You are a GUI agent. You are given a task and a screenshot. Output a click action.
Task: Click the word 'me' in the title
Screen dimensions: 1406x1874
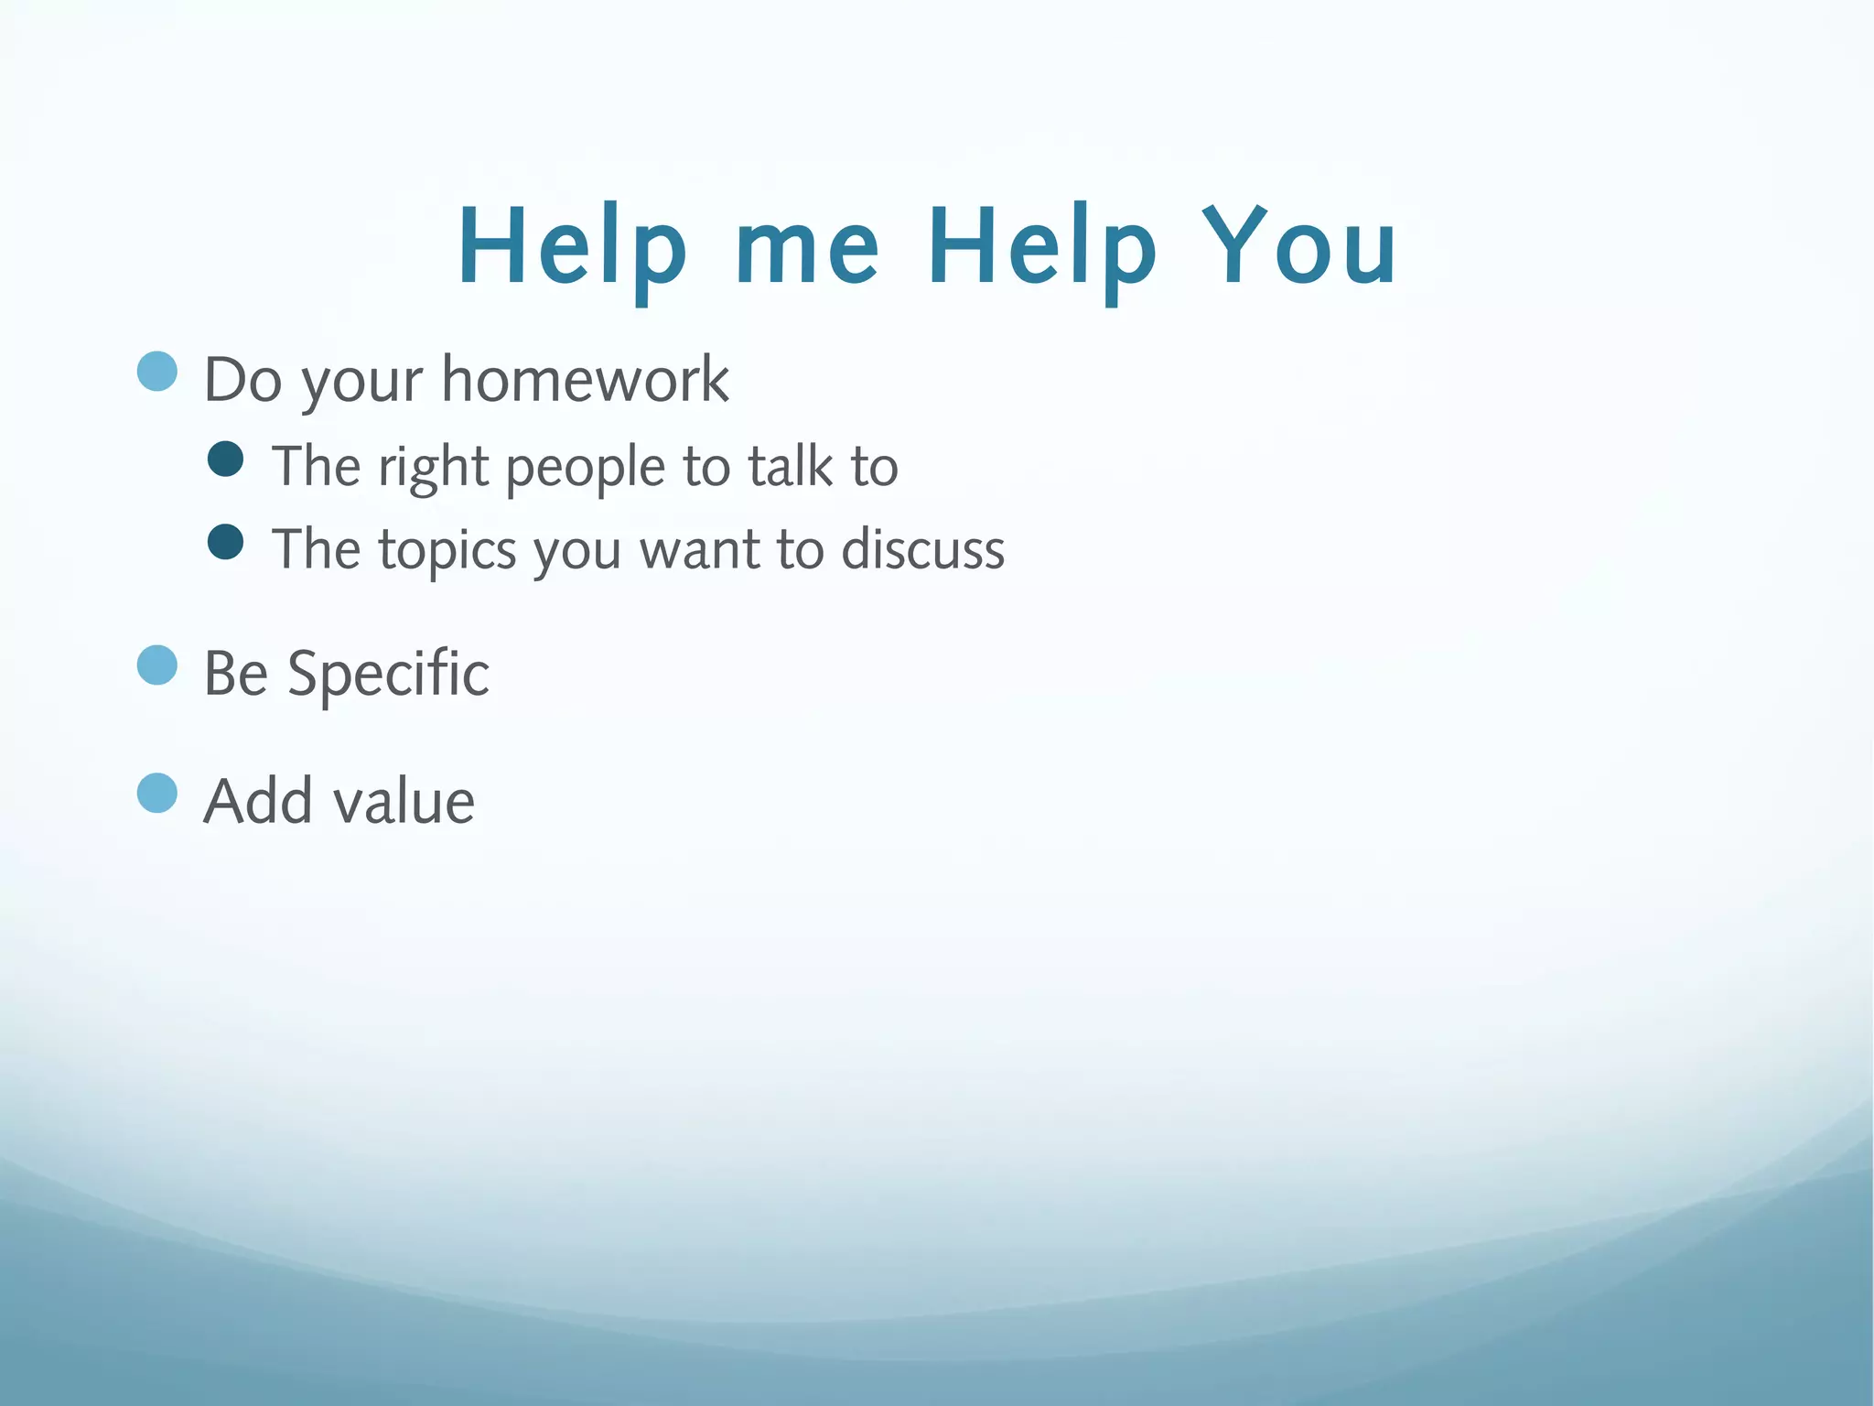click(x=807, y=247)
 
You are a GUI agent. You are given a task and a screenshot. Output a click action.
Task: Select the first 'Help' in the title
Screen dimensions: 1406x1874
click(x=571, y=247)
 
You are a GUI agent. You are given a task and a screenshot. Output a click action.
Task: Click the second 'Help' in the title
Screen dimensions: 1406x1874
click(x=1042, y=247)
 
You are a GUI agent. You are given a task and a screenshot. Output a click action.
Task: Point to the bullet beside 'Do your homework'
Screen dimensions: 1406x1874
click(x=157, y=372)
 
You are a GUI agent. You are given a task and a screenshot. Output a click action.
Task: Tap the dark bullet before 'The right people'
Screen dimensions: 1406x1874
click(x=226, y=459)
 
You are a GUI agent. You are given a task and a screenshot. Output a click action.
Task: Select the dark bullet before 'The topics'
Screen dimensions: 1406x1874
click(x=226, y=541)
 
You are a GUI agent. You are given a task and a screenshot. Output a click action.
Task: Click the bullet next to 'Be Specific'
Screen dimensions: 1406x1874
click(x=157, y=665)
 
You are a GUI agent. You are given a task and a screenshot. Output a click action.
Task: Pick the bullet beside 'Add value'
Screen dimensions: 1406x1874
click(x=157, y=793)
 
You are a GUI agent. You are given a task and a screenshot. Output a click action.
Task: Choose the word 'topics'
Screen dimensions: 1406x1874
click(x=447, y=551)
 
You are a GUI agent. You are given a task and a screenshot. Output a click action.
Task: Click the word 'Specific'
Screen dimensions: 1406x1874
click(x=388, y=675)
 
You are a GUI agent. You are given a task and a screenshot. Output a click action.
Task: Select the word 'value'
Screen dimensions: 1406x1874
click(x=404, y=802)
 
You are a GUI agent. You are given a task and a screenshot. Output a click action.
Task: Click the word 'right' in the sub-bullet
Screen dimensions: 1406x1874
click(x=434, y=469)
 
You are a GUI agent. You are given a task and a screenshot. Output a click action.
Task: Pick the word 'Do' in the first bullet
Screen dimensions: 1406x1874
click(x=242, y=379)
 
